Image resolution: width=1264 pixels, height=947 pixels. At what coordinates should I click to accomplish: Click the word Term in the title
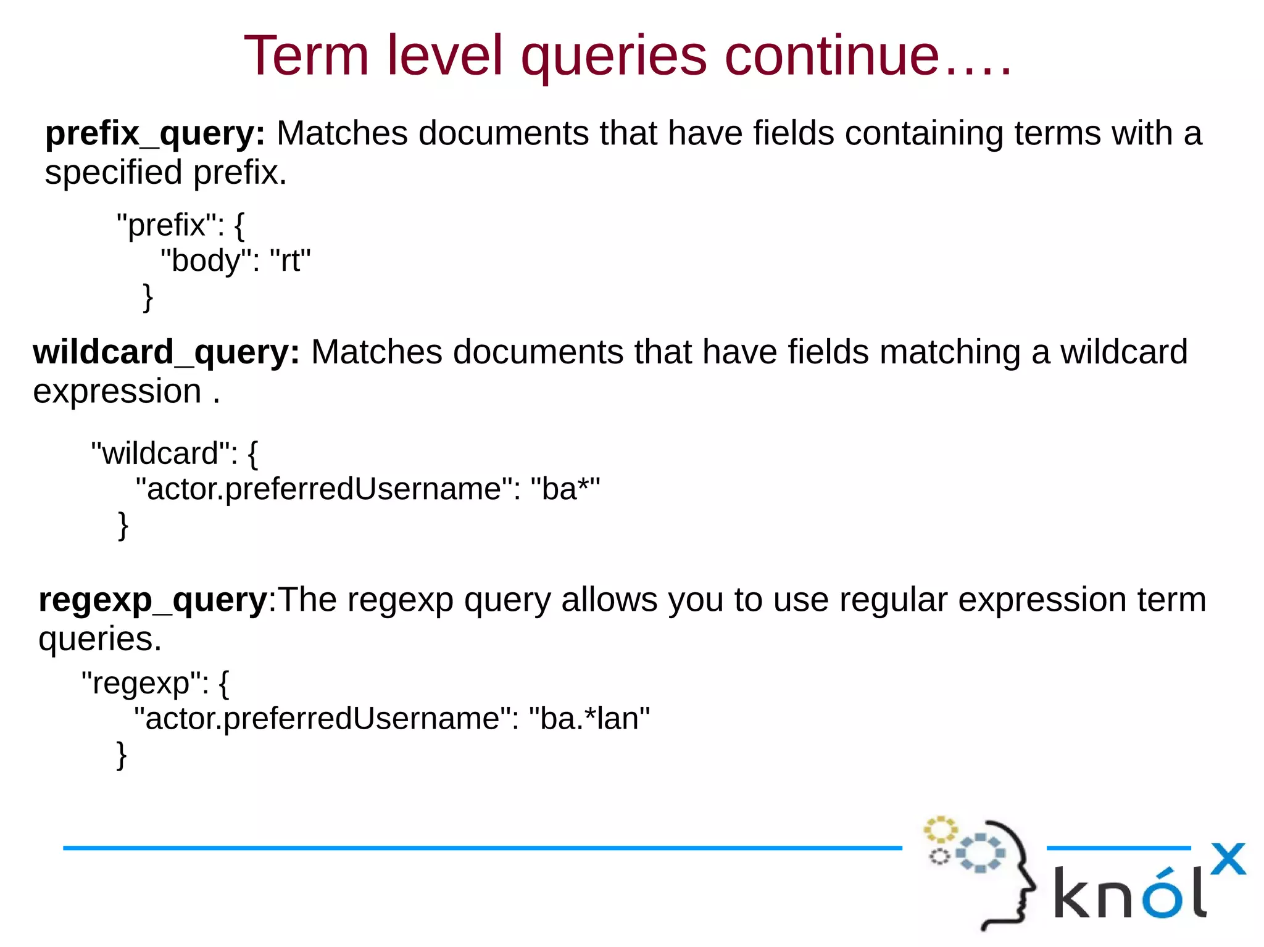(306, 56)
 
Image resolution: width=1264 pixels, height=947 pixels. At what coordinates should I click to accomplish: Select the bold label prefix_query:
(155, 133)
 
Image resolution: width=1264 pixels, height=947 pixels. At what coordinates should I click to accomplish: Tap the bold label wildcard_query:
(166, 352)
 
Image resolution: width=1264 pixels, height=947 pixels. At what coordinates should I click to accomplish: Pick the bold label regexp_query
(152, 600)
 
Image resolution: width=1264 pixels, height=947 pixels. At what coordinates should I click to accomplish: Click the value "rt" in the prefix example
(290, 260)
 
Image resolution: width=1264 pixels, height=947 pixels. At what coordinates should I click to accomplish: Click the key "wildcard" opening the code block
(160, 453)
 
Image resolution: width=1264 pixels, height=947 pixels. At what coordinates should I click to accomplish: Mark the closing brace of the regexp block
(122, 755)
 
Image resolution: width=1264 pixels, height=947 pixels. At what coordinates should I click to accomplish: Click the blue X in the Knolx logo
(1228, 859)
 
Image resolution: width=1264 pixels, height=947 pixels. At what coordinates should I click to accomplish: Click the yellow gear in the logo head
(939, 830)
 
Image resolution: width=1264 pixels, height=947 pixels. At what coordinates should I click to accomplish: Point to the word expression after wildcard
(117, 392)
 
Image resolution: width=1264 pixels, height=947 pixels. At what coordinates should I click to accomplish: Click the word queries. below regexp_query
(100, 639)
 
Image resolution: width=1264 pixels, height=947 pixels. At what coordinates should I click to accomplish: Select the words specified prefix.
(165, 173)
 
